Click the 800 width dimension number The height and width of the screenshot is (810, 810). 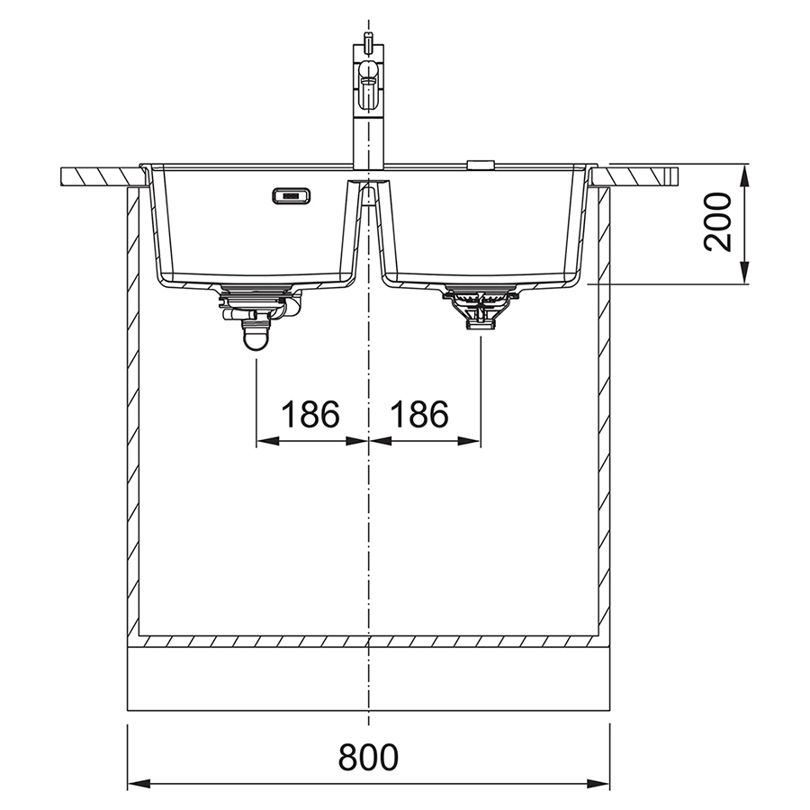(x=368, y=757)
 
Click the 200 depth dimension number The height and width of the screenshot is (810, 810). (x=718, y=222)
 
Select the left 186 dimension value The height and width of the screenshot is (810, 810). (x=310, y=414)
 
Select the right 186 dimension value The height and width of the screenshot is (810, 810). (x=419, y=414)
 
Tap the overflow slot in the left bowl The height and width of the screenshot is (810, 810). (x=292, y=196)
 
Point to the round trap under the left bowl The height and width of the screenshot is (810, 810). (x=256, y=336)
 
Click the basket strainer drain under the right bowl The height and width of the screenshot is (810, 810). (x=481, y=307)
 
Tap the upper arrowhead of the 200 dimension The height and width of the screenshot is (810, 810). (x=744, y=175)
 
